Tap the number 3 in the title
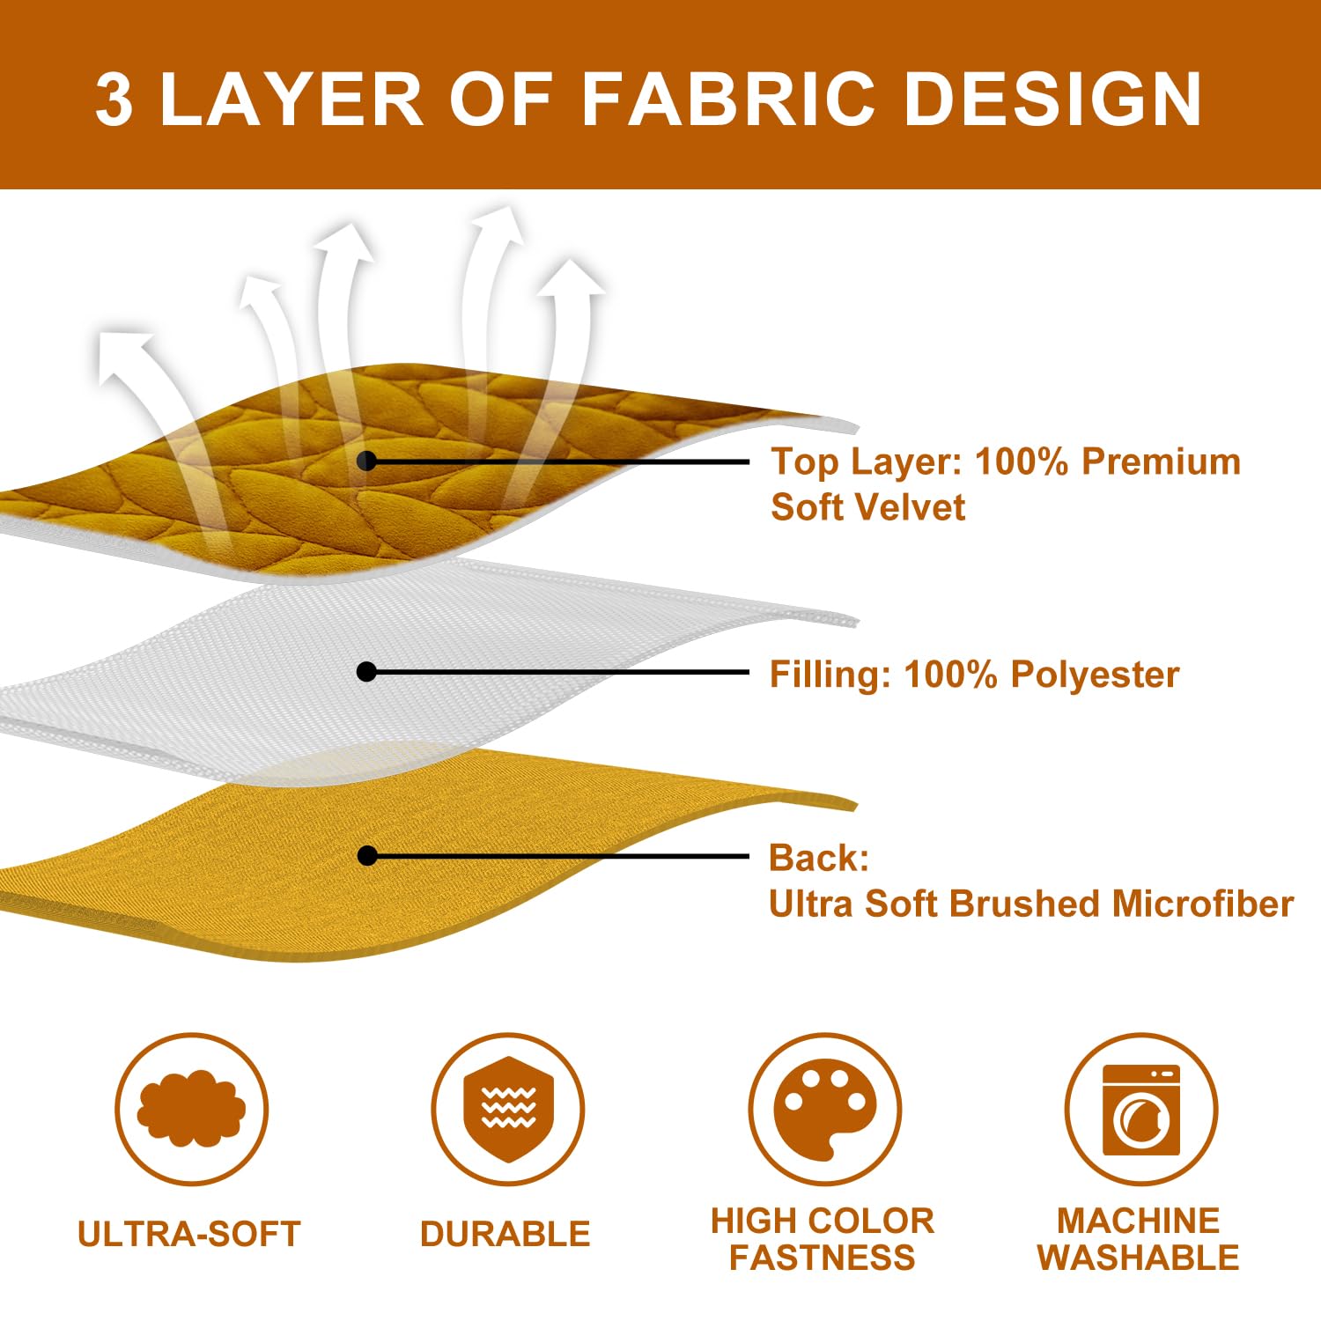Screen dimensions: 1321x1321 click(114, 99)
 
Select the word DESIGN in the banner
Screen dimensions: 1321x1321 click(1053, 99)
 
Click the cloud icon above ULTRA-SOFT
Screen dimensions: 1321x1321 click(191, 1108)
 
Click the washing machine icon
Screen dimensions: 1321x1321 click(1140, 1110)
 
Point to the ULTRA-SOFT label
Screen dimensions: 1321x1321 click(189, 1234)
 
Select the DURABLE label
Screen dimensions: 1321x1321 click(506, 1234)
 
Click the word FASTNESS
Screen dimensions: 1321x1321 click(823, 1257)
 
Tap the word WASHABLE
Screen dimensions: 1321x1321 click(1139, 1257)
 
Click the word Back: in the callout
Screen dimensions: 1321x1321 click(819, 858)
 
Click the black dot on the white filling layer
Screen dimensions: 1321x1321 click(367, 672)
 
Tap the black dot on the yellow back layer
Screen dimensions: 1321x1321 click(367, 856)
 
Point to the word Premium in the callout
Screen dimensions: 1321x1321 click(1161, 461)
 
